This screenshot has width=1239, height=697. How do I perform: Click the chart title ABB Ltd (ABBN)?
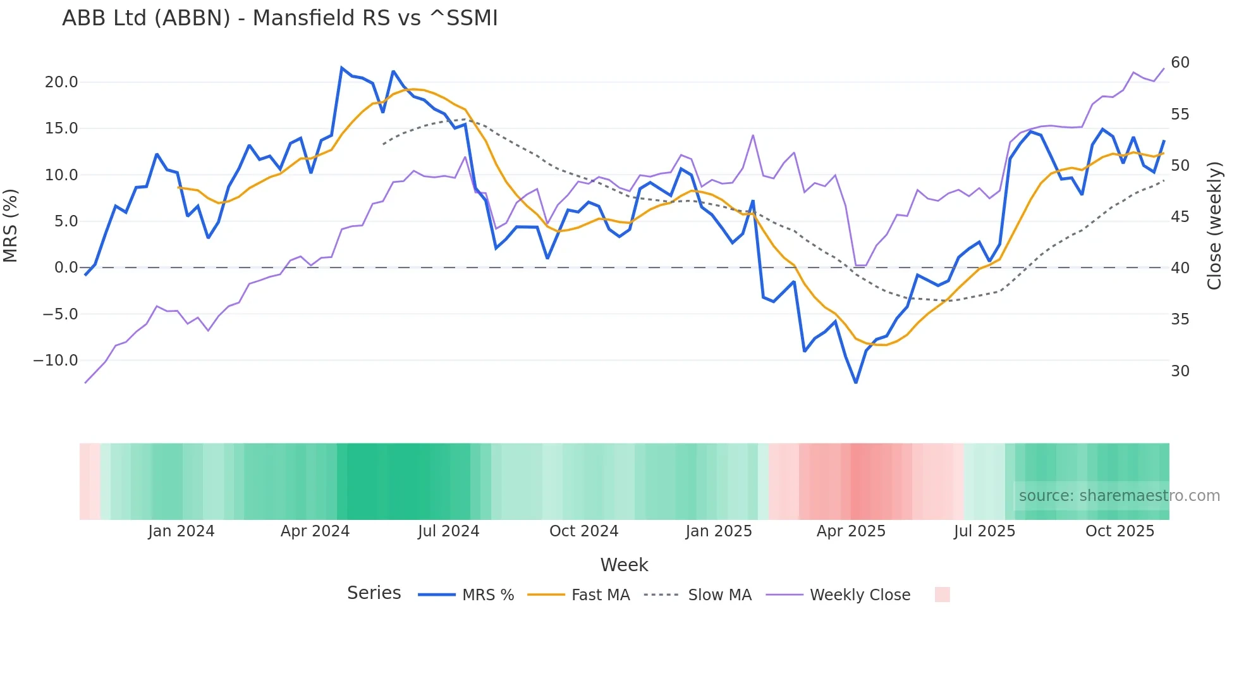[x=279, y=18]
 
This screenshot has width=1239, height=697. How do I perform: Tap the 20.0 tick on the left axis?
[x=61, y=82]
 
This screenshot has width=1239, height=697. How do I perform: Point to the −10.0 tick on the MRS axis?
[x=56, y=361]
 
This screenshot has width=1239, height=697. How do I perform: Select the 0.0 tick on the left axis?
[x=66, y=268]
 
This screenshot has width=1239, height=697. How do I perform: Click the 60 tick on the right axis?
[x=1180, y=63]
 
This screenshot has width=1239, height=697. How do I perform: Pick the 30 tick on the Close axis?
[x=1180, y=371]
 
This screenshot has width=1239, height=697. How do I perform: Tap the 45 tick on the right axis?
[x=1180, y=217]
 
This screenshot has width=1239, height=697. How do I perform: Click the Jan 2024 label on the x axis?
[x=181, y=531]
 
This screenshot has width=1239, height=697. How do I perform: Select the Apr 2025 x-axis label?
[x=851, y=531]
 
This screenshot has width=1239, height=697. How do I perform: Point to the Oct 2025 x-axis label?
[x=1120, y=531]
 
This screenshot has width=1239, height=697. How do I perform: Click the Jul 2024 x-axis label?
[x=449, y=531]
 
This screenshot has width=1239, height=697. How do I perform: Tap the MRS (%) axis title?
[x=11, y=226]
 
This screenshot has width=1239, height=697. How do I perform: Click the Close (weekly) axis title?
[x=1214, y=226]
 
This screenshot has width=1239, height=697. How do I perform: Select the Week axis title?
[x=624, y=565]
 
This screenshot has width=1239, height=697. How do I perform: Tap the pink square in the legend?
[x=942, y=595]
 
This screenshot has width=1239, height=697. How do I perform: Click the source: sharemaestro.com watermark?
[x=1119, y=496]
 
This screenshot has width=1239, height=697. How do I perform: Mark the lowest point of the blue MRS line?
[x=856, y=383]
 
